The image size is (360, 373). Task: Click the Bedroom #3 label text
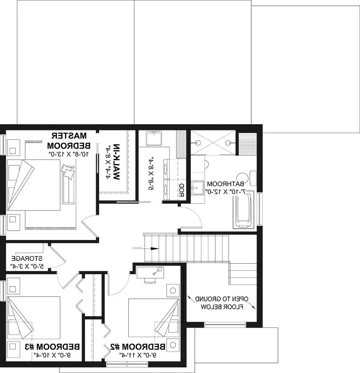52,347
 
